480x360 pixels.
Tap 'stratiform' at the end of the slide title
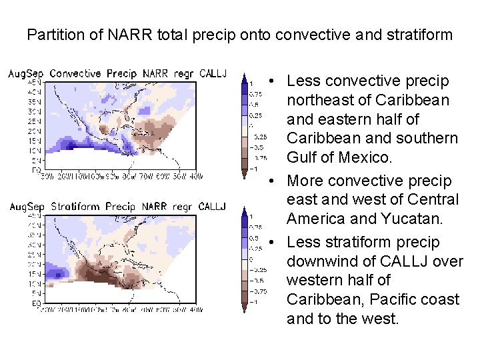(x=422, y=35)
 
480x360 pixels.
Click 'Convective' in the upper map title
(x=75, y=74)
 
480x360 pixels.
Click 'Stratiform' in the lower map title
(x=75, y=207)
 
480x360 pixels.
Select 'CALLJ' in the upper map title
(x=212, y=74)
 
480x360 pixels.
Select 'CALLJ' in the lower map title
(x=212, y=207)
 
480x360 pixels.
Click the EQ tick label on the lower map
(x=14, y=303)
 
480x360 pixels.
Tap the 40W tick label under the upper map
(x=195, y=177)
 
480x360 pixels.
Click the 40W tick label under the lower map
(x=195, y=310)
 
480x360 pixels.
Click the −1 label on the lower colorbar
(x=253, y=301)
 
